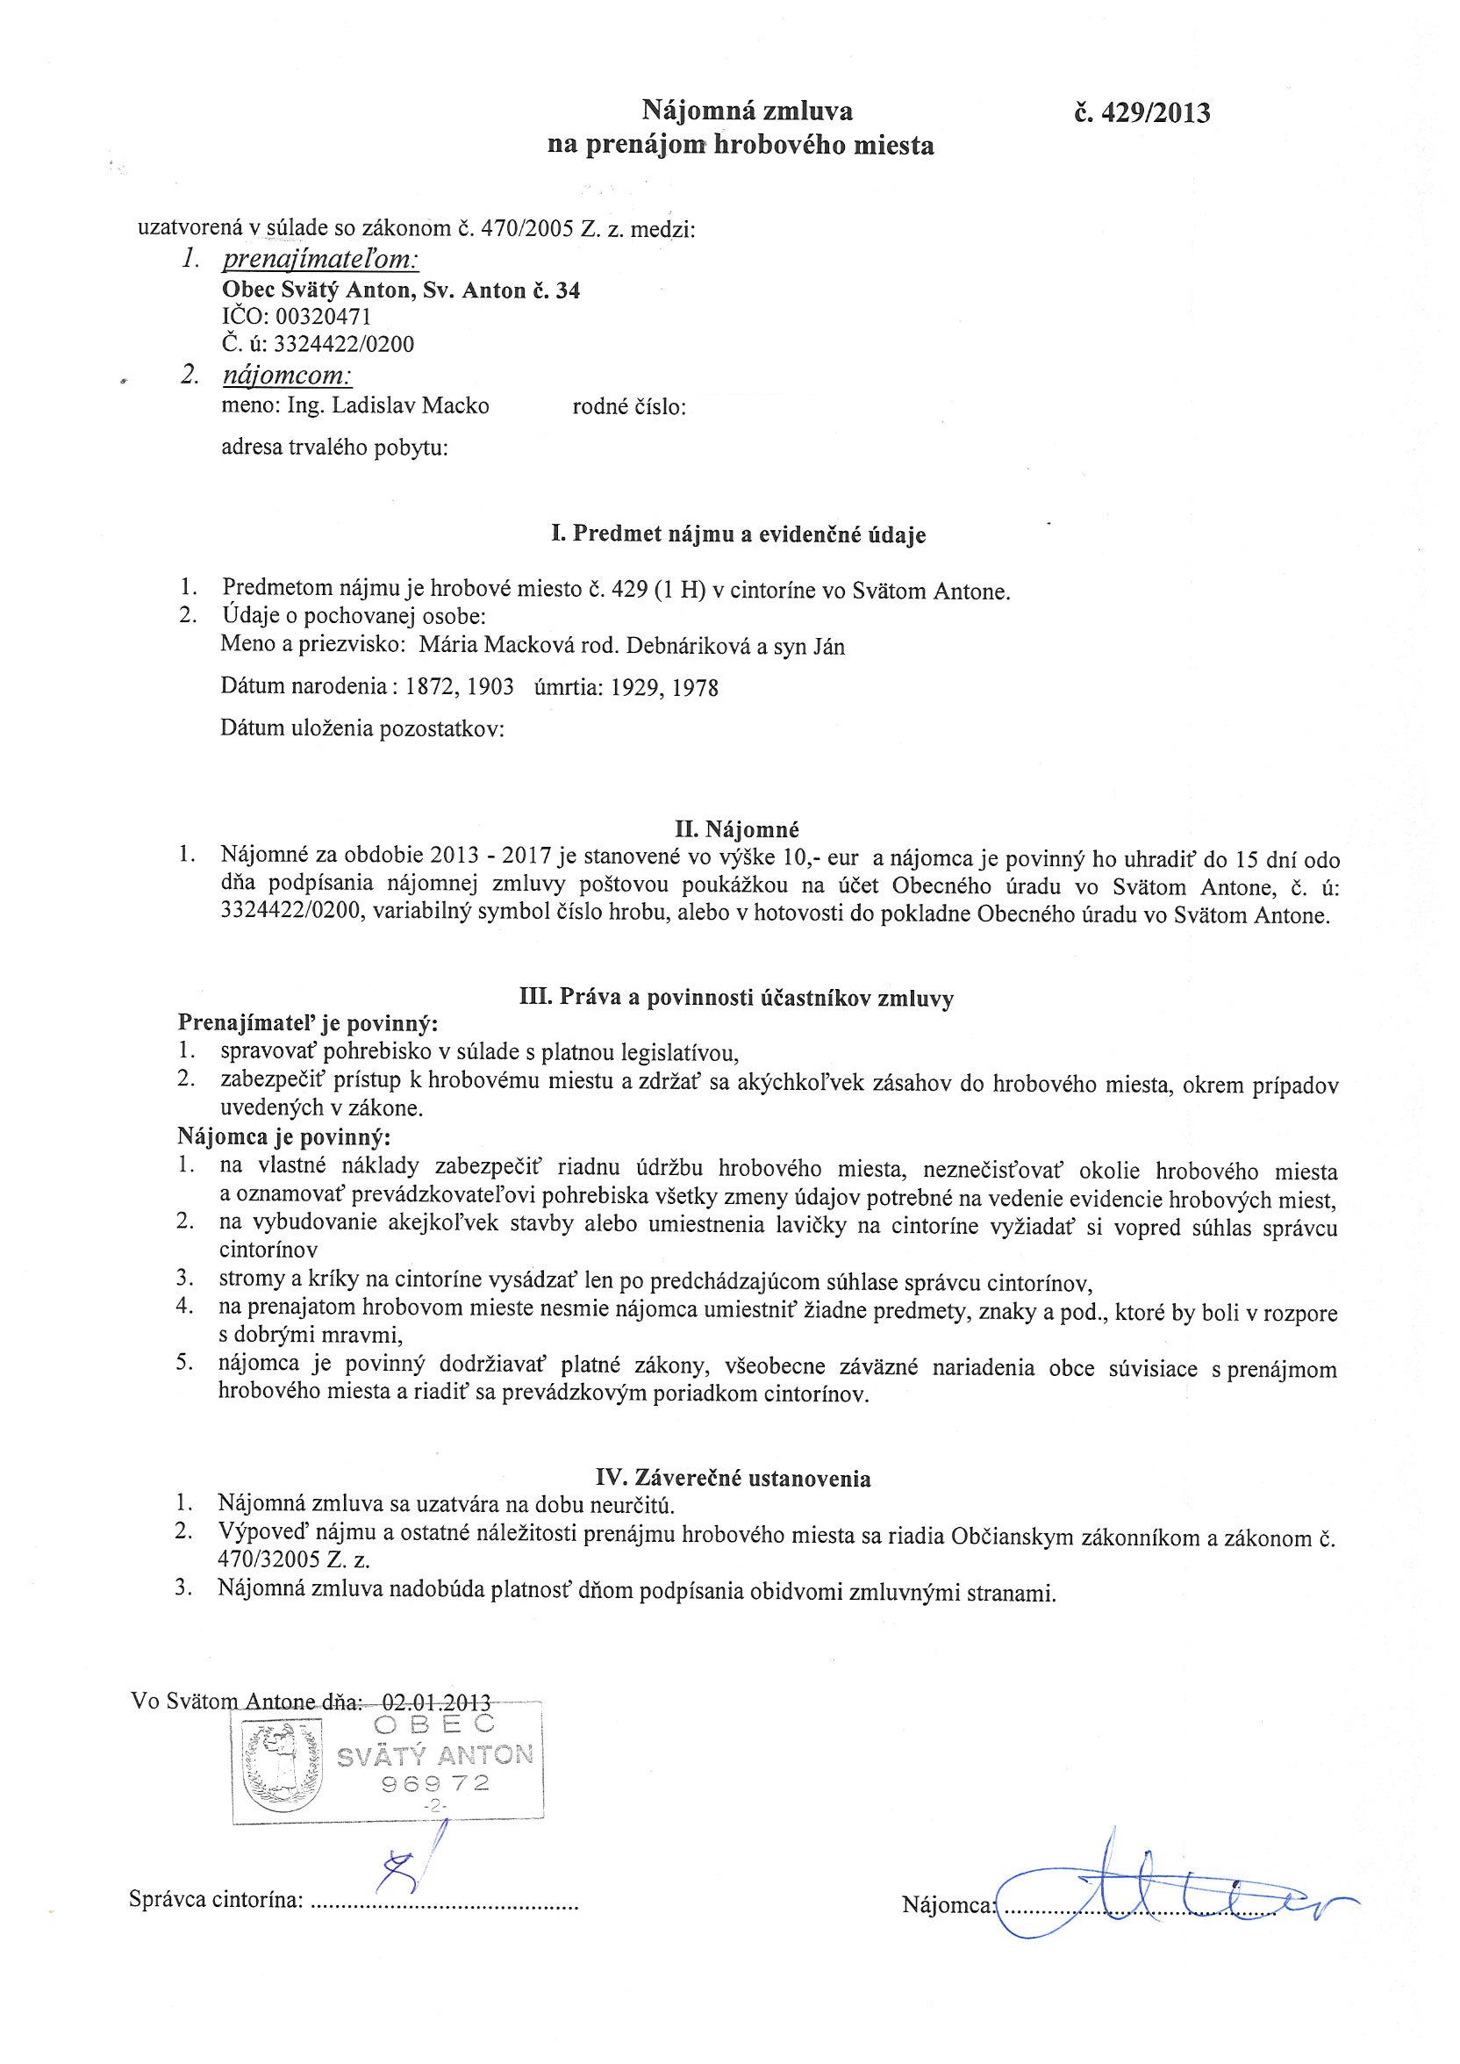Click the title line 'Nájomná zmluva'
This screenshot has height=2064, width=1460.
pyautogui.click(x=746, y=111)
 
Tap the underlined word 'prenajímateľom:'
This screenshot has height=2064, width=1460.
pyautogui.click(x=321, y=261)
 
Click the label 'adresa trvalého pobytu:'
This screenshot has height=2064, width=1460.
pyautogui.click(x=334, y=447)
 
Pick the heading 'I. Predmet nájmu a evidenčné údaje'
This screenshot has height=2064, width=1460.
pyautogui.click(x=738, y=535)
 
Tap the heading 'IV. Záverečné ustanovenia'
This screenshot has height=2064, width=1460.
pyautogui.click(x=733, y=1479)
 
